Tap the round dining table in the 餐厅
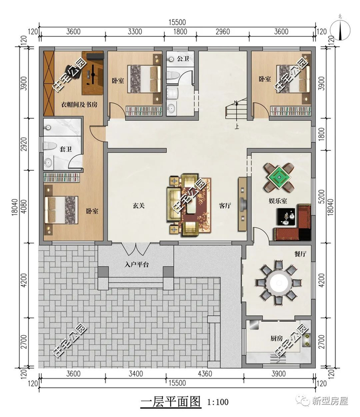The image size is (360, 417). point(279,282)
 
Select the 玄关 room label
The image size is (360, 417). point(139,206)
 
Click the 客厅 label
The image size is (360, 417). point(225,206)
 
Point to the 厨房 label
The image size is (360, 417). point(277,338)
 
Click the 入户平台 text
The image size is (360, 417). point(136,265)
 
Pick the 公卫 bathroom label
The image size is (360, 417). point(183,58)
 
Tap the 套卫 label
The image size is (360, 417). point(65,149)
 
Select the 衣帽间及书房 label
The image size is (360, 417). point(79,104)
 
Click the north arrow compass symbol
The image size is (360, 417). point(340,29)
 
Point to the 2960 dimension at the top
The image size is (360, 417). point(223,32)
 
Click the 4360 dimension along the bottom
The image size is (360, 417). point(205,374)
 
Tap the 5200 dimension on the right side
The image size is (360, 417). point(321,197)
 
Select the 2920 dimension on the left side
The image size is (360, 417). point(24,144)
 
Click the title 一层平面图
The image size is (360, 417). point(171,401)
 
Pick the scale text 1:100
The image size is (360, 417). point(218,402)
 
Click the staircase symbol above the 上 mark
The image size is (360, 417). point(236,108)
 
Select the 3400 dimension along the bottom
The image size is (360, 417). point(136,374)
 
